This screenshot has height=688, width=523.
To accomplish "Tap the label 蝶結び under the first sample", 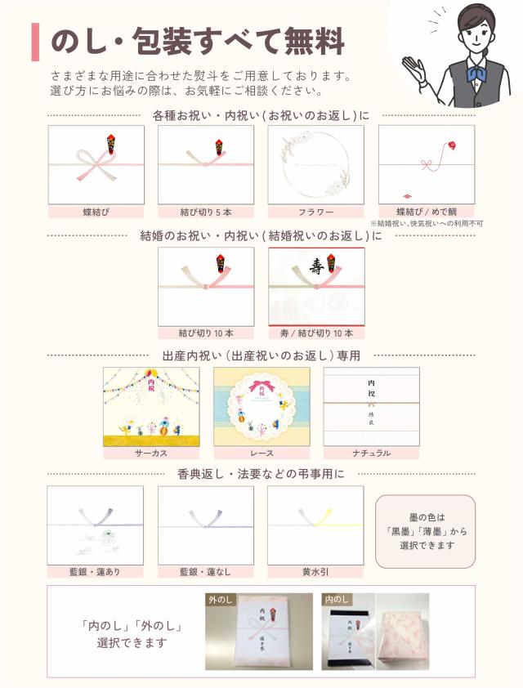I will [x=96, y=212].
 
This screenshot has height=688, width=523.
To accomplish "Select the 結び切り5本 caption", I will [x=206, y=212].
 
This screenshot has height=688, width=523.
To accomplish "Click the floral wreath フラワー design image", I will [x=315, y=165].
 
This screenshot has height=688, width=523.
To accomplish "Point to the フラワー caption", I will [x=315, y=212].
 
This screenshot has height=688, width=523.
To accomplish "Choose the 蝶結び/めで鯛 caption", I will [x=426, y=212].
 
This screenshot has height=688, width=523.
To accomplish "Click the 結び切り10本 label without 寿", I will [x=206, y=333].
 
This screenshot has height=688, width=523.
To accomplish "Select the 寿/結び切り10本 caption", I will [x=316, y=333].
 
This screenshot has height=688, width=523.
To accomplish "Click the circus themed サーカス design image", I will [x=151, y=406].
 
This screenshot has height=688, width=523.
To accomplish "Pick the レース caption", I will [x=261, y=453].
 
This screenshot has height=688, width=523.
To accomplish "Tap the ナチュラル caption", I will [x=371, y=453].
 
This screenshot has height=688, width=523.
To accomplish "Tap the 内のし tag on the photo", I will [x=335, y=598].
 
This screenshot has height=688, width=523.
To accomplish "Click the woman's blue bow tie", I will [x=476, y=74].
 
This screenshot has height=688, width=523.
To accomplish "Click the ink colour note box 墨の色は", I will [x=425, y=531].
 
